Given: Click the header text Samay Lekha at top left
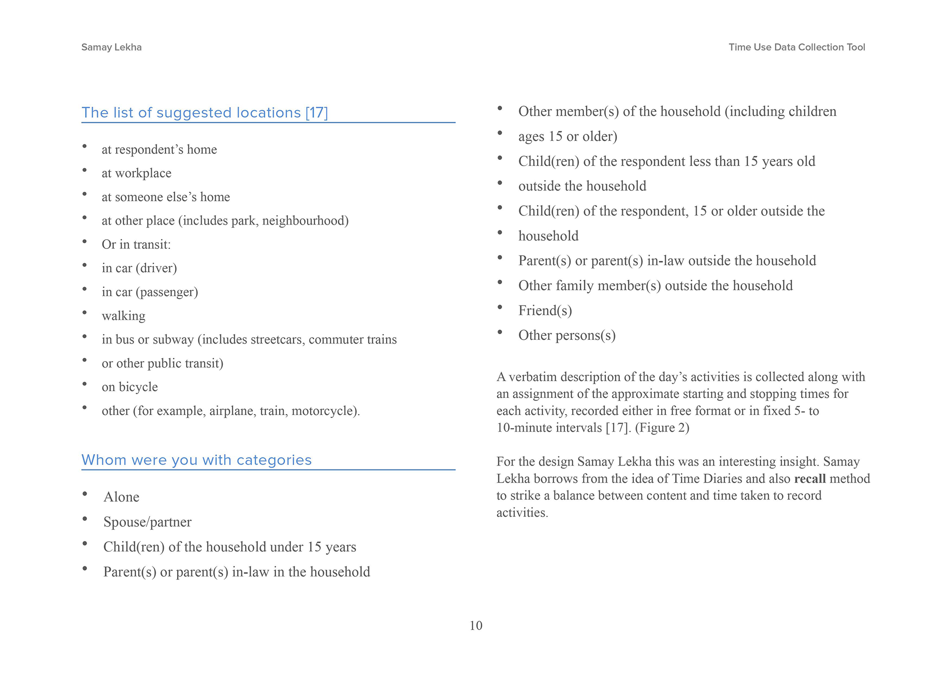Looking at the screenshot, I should click(x=111, y=47).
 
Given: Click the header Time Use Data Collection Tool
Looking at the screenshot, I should click(x=796, y=47).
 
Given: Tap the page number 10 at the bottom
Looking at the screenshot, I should click(x=476, y=625).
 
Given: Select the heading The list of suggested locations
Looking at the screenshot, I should click(x=205, y=113).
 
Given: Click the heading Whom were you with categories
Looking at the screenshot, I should click(x=196, y=460).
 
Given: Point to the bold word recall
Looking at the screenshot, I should click(x=810, y=479).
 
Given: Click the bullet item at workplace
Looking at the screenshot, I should click(x=136, y=173).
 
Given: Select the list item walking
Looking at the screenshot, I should click(x=123, y=316).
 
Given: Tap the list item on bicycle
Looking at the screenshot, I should click(x=129, y=387).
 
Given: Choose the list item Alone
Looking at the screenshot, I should click(x=121, y=497).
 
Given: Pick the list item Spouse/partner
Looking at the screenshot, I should click(x=147, y=522).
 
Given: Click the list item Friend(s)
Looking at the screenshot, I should click(x=545, y=311).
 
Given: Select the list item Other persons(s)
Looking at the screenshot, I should click(x=566, y=336).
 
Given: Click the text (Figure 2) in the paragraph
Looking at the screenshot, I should click(x=662, y=428).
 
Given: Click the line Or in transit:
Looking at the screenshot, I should click(x=136, y=245).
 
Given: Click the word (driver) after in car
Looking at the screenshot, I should click(x=156, y=268).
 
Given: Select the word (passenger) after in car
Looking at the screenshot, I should click(x=167, y=292).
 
